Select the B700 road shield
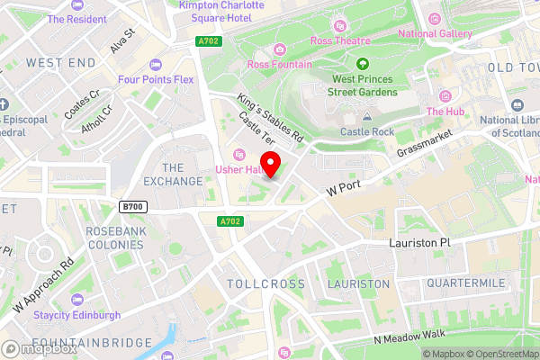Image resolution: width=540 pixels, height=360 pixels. click(x=132, y=207)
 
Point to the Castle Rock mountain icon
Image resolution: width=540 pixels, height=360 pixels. click(x=367, y=117)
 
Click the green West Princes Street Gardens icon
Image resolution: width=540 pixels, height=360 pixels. click(x=362, y=64)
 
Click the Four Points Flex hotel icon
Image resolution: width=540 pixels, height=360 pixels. click(x=156, y=64)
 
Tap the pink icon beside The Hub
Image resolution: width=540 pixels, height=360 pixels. click(x=445, y=96)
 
